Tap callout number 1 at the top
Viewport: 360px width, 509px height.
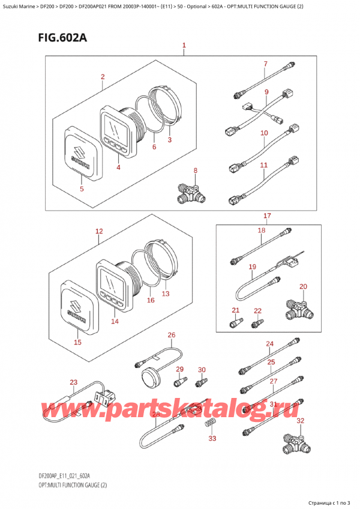coord(184,46)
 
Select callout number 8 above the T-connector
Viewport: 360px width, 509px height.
coord(195,171)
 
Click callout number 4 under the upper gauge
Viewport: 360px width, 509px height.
coord(118,167)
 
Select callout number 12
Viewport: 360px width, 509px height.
coord(99,231)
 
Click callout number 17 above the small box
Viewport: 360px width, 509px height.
coord(267,215)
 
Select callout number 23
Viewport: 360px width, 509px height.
coord(74,382)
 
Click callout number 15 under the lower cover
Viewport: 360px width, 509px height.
coord(76,343)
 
